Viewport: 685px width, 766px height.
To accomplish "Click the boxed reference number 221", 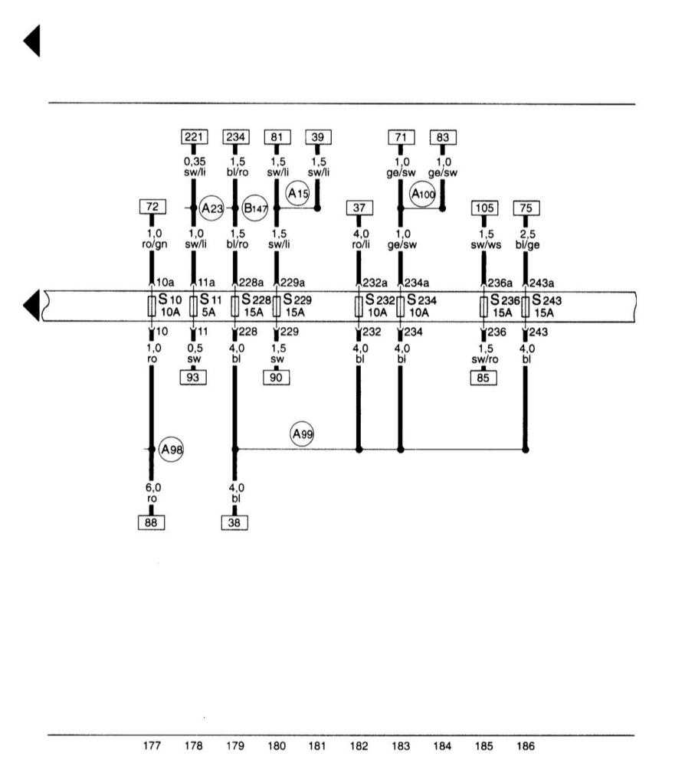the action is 194,137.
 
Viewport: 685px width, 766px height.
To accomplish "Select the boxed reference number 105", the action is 484,208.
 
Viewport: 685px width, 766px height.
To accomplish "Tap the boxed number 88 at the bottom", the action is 151,522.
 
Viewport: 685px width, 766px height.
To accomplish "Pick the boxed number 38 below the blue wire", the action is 234,522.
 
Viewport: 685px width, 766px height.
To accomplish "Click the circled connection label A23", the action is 211,208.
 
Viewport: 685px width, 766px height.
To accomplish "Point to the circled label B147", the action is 255,208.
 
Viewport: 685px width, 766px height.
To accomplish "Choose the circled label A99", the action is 302,434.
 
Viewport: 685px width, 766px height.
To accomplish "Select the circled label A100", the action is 423,194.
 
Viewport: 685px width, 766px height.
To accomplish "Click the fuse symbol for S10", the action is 152,306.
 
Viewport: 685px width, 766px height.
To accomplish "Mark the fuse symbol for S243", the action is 525,306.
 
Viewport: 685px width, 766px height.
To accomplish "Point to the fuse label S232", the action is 380,300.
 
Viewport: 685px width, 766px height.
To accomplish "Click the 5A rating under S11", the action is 208,313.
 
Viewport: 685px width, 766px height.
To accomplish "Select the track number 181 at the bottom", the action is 317,746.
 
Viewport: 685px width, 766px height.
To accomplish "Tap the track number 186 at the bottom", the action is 525,746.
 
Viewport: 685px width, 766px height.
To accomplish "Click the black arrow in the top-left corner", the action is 31,41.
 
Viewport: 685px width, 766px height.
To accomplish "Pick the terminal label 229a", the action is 293,283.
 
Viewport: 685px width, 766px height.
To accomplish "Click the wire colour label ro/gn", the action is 155,244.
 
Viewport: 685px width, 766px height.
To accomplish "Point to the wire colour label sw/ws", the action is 486,245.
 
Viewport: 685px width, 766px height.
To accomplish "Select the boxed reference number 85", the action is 483,378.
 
